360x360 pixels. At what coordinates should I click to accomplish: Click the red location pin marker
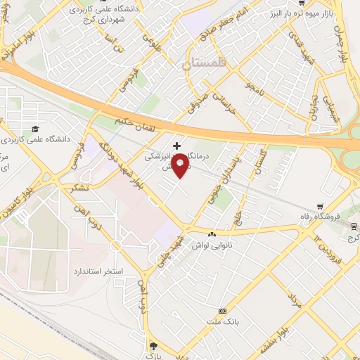pos(181,165)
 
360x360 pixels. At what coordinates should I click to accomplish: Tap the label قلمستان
pos(204,64)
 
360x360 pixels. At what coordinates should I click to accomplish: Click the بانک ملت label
pos(223,321)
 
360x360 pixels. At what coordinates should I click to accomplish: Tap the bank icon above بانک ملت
pos(223,311)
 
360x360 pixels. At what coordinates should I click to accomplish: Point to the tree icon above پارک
pos(155,345)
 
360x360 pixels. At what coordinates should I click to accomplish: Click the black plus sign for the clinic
pos(176,146)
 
